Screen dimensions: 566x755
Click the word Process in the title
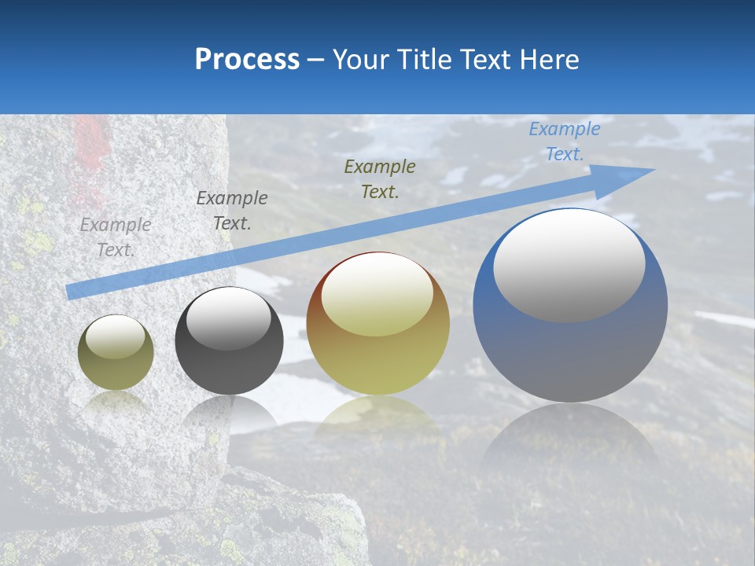247,60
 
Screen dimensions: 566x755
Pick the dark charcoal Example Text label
232,211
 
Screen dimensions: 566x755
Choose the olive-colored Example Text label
380,179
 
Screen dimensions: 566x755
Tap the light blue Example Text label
564,141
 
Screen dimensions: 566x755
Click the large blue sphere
570,346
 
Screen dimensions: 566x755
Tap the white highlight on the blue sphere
569,264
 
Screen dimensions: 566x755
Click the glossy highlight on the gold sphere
377,296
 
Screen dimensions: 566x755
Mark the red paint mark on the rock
90,149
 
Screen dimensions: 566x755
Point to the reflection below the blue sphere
570,440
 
